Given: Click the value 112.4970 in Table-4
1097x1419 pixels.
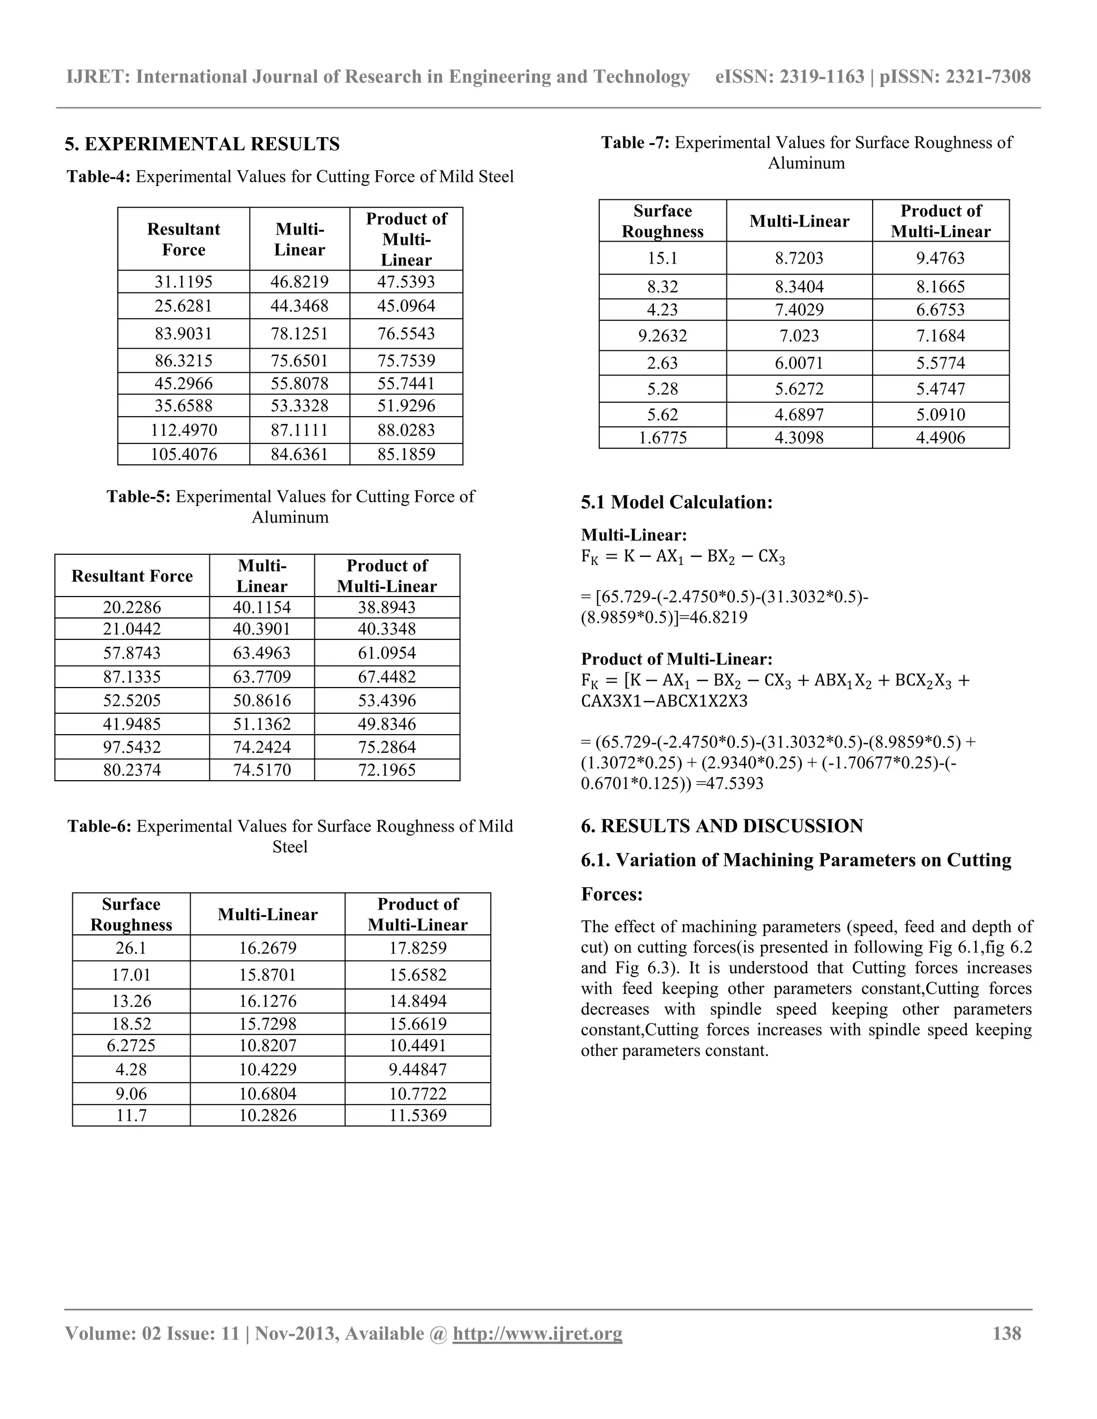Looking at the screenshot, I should click(184, 430).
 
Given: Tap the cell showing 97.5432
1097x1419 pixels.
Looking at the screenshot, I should click(132, 746).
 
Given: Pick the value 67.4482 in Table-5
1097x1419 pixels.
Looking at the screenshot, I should click(387, 676).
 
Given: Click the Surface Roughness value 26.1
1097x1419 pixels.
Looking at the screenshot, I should click(131, 948).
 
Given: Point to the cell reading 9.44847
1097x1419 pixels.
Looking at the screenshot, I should click(418, 1069).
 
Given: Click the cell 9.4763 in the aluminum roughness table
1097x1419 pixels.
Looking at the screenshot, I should click(941, 258).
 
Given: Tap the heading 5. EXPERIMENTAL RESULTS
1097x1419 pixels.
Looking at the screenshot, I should click(202, 144).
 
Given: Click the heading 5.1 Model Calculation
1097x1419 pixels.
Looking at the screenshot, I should click(677, 502).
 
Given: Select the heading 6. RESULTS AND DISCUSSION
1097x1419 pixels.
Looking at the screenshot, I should click(722, 826).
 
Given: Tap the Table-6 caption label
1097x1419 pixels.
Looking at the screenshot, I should click(100, 826).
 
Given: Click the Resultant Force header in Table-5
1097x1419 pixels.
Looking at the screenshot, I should click(132, 576).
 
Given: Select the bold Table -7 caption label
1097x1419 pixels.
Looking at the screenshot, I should click(635, 143).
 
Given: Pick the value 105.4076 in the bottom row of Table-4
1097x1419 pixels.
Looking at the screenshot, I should click(184, 454).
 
